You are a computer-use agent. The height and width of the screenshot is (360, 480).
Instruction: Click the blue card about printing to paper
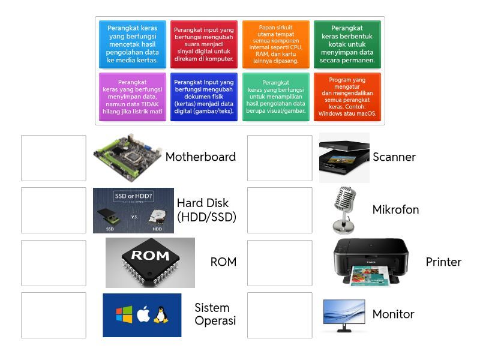[132, 44]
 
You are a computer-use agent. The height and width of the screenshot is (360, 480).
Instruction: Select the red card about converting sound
[204, 44]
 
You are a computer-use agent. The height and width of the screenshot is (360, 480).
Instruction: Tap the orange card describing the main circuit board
[276, 44]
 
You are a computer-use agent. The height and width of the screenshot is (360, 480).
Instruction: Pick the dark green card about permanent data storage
[347, 44]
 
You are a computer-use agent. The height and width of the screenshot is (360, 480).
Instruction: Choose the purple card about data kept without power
[132, 97]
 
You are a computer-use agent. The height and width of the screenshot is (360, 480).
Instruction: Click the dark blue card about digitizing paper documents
[204, 97]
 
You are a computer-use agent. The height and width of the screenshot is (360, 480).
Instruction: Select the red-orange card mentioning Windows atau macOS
[347, 97]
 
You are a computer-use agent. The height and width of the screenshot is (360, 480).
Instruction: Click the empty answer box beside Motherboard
[53, 158]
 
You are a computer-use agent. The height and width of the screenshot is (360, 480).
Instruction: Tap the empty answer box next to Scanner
[280, 158]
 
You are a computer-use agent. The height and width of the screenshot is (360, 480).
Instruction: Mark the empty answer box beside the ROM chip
[53, 263]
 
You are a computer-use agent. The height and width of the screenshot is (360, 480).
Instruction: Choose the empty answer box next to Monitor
[280, 315]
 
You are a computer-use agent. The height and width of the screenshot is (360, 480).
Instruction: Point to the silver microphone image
[344, 209]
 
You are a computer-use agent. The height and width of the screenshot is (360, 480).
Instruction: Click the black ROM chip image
[150, 262]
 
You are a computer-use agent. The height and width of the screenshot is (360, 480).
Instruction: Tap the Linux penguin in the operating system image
[160, 315]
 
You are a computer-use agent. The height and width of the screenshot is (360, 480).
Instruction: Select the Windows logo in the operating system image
[124, 315]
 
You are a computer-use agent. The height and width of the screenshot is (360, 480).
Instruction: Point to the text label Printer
[443, 262]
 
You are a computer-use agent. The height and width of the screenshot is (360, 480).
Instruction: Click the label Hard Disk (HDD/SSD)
[206, 210]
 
